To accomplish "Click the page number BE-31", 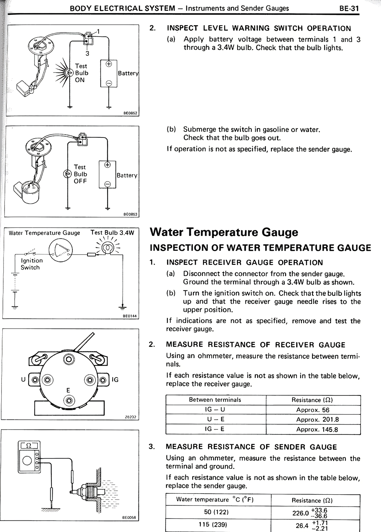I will tap(349, 8).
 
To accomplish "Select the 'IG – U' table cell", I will tap(215, 409).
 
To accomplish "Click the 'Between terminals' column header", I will tap(215, 400).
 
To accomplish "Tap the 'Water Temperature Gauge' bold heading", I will tap(224, 232).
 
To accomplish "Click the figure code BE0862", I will tap(130, 113).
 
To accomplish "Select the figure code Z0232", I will tap(130, 417).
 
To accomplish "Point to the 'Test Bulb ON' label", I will tap(81, 73).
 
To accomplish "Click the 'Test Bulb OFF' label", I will tap(80, 174).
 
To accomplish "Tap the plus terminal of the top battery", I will tap(109, 64).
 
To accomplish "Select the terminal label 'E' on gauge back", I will tap(68, 390).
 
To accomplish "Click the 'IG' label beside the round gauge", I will tap(115, 380).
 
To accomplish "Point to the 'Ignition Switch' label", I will tap(32, 264).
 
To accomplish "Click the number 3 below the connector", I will tap(87, 54).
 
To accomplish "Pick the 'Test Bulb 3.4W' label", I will tap(112, 232).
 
